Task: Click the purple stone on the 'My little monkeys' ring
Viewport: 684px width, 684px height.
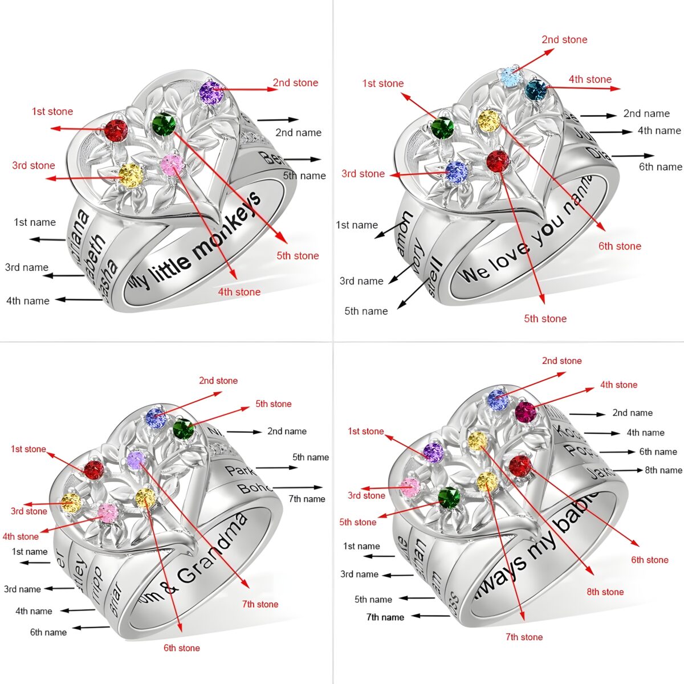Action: click(x=210, y=91)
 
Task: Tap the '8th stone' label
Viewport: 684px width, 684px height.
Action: click(x=605, y=592)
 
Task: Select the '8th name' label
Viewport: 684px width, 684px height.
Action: click(x=663, y=470)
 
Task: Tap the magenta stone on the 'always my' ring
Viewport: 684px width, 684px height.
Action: click(x=526, y=412)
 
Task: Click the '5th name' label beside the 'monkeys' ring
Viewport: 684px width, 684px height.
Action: click(x=304, y=176)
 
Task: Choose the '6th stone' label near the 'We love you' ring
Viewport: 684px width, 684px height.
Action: click(x=620, y=246)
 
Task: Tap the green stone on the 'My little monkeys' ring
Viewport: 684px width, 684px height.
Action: click(x=164, y=123)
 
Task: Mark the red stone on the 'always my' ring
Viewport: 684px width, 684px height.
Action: click(x=519, y=466)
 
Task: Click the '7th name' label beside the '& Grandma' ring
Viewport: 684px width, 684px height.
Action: click(x=307, y=499)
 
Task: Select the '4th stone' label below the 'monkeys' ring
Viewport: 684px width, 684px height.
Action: click(x=239, y=292)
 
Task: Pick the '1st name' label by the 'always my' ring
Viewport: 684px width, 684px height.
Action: click(x=361, y=546)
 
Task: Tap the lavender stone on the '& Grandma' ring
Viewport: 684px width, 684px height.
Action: click(x=136, y=459)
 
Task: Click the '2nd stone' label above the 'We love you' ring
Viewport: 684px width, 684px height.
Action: click(x=564, y=39)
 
